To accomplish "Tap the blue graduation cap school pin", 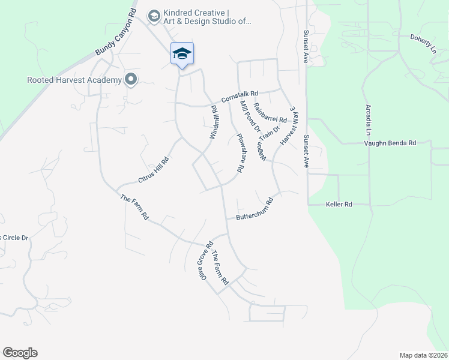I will coord(182,54).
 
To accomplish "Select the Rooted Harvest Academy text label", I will coord(73,80).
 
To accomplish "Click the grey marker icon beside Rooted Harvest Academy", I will coord(130,79).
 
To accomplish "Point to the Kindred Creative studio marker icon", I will coord(154,16).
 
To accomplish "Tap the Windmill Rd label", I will coord(214,123).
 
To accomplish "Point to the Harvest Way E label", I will coord(289,126).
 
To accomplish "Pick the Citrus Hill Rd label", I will coord(154,170).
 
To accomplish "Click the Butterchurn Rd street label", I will coord(255,210).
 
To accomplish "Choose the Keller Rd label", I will coord(339,205).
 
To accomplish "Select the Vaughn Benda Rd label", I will coord(390,143).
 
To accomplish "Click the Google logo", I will coord(20,353).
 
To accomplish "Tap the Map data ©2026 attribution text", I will coord(423,355).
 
